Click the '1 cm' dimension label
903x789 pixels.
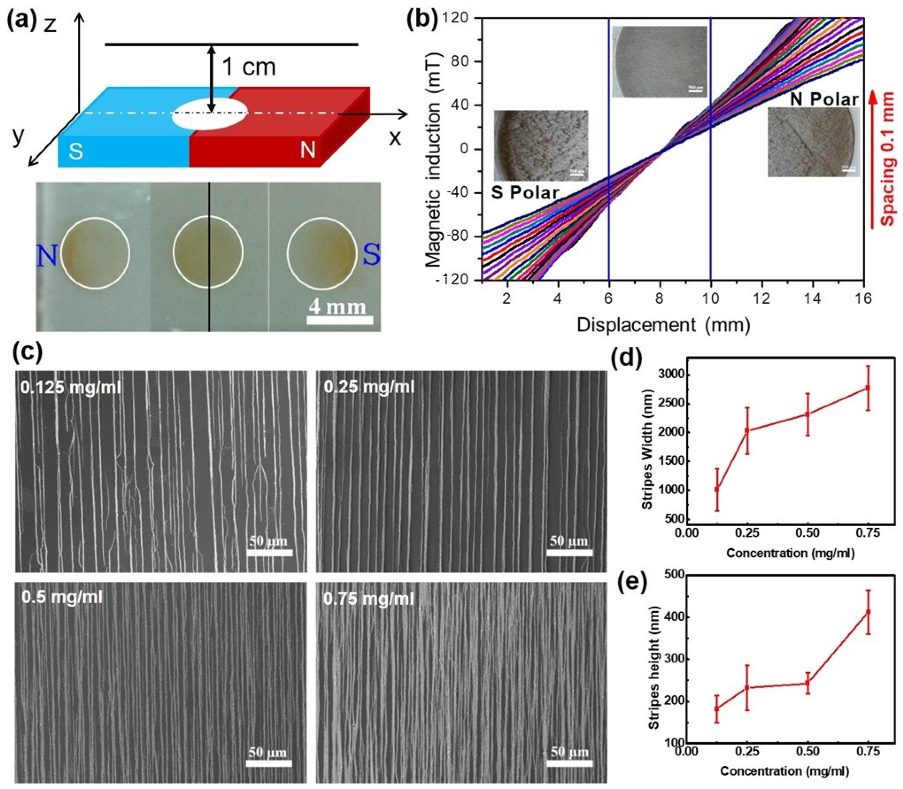point(249,67)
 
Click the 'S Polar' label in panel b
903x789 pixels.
point(525,193)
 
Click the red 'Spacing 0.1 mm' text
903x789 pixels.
point(888,158)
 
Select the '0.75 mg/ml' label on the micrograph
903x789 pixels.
point(369,598)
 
